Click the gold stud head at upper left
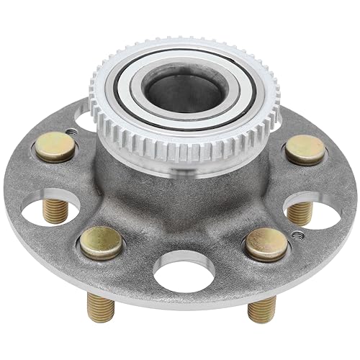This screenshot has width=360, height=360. coord(55,147)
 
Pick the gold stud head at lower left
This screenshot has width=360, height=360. coord(101,243)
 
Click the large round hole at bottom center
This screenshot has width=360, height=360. coord(180,274)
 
